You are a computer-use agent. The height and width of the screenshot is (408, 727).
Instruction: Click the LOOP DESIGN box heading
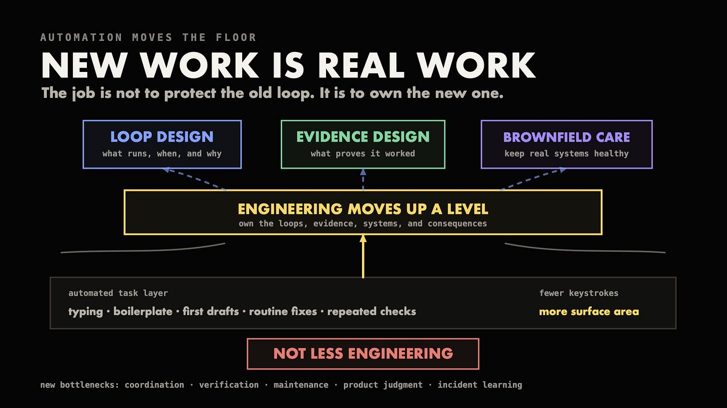click(x=162, y=137)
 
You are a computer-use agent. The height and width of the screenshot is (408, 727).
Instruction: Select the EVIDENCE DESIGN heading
click(x=363, y=137)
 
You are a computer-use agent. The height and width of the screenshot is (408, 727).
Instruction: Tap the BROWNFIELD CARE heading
click(x=567, y=137)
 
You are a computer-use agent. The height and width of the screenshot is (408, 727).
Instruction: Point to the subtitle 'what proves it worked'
click(x=363, y=153)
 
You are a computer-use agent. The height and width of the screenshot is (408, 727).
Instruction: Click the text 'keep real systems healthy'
click(x=567, y=153)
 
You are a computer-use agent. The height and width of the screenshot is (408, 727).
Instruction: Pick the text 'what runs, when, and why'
click(x=162, y=153)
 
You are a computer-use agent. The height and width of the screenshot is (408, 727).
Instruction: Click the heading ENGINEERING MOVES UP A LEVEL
click(x=363, y=209)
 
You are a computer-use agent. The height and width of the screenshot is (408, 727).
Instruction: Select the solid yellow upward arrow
click(x=363, y=256)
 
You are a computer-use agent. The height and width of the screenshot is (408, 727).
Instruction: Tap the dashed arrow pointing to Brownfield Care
click(x=534, y=179)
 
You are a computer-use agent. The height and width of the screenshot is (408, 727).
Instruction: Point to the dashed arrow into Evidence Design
click(x=363, y=179)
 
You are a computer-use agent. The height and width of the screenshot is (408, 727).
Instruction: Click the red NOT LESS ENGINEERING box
click(x=363, y=354)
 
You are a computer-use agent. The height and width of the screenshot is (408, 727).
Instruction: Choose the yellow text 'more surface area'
click(x=589, y=312)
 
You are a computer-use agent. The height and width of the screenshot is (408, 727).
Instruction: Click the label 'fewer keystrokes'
click(x=579, y=293)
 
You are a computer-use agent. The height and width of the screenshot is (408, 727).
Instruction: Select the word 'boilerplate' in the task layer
click(x=143, y=312)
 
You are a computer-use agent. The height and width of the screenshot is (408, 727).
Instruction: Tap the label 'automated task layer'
click(x=118, y=293)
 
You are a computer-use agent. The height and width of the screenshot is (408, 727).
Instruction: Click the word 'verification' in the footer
click(x=229, y=385)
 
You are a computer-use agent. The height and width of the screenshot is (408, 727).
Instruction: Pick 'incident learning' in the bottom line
click(x=480, y=385)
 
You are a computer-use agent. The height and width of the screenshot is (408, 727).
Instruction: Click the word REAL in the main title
click(x=361, y=65)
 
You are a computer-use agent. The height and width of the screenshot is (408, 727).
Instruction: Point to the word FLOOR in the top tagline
click(x=236, y=37)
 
